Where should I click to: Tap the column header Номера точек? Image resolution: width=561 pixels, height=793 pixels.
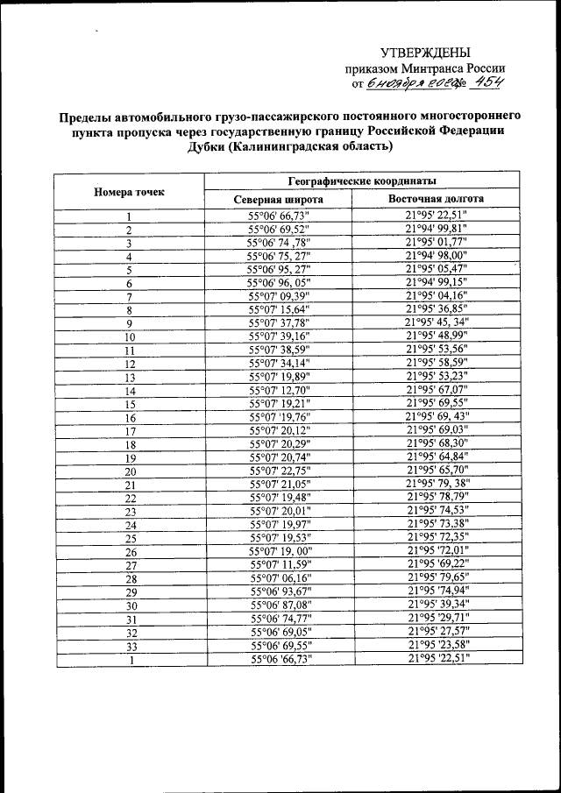[x=129, y=191]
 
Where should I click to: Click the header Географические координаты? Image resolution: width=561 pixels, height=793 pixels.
[x=360, y=182]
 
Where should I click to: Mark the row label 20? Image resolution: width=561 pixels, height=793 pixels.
[x=130, y=471]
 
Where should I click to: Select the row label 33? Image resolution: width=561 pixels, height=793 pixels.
[x=130, y=646]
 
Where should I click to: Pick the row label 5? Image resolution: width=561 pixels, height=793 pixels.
[x=130, y=270]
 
